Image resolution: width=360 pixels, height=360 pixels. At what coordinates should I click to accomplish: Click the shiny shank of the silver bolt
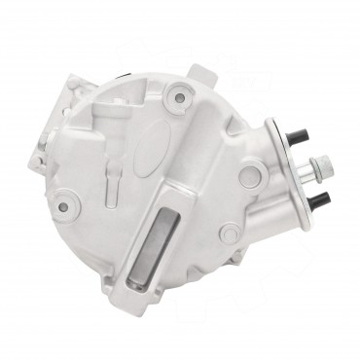[x=307, y=175]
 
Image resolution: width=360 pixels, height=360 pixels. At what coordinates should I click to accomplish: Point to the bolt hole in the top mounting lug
[x=178, y=97]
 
